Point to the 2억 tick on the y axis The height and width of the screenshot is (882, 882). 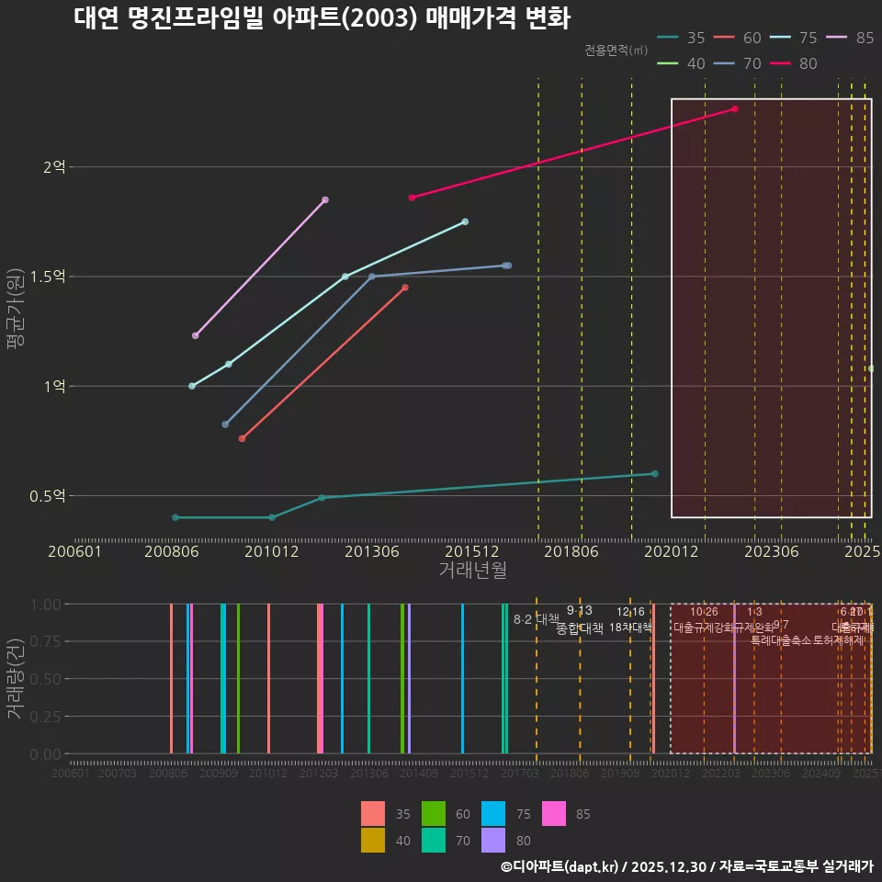tap(54, 167)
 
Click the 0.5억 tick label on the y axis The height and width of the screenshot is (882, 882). tap(47, 496)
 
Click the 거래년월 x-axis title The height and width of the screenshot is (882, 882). tap(472, 571)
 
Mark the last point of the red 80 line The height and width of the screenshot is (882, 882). tap(735, 108)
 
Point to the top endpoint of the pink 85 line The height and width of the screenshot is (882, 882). tap(325, 199)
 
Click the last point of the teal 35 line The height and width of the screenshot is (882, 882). tap(655, 474)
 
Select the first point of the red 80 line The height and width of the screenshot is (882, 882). tap(412, 198)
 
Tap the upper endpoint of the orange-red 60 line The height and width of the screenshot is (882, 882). tap(405, 288)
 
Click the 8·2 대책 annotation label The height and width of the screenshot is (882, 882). tap(537, 618)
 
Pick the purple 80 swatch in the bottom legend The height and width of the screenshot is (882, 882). tap(493, 840)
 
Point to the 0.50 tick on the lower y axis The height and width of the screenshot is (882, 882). tap(44, 679)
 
